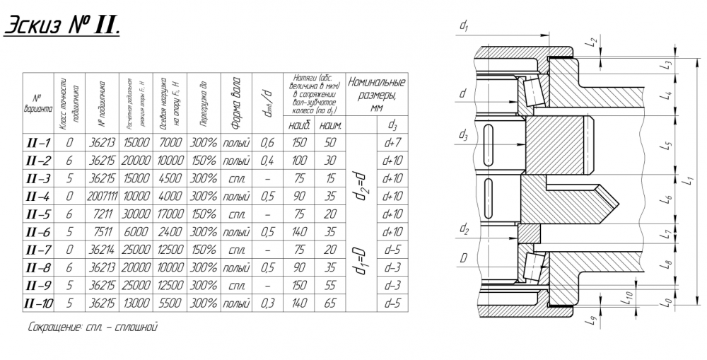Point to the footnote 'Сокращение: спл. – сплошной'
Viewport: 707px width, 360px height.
pos(90,327)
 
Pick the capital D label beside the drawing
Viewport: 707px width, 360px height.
pos(462,260)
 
